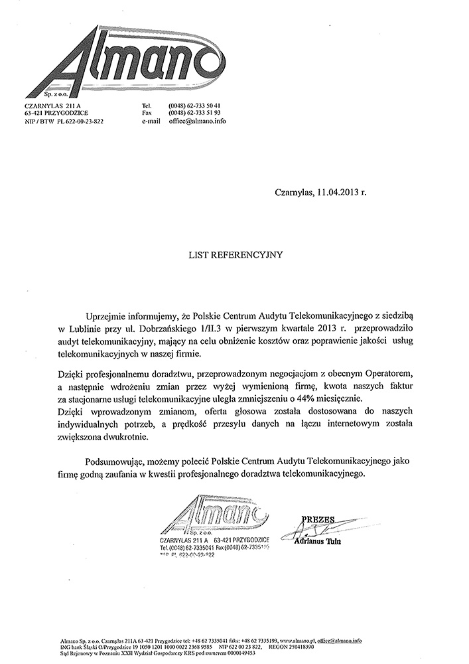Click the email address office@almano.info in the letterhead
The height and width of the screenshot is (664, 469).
coord(198,122)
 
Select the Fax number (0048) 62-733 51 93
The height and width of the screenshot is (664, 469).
coord(194,114)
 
